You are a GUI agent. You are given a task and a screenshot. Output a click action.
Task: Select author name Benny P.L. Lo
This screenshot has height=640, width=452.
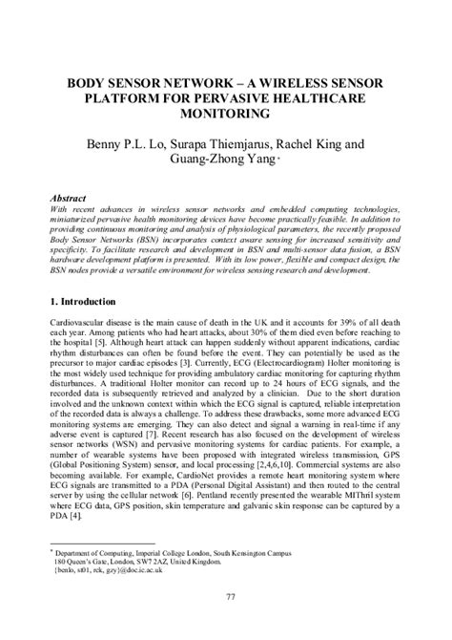[x=133, y=146]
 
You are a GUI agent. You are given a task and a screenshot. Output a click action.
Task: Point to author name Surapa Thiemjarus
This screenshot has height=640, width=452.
[x=228, y=146]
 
